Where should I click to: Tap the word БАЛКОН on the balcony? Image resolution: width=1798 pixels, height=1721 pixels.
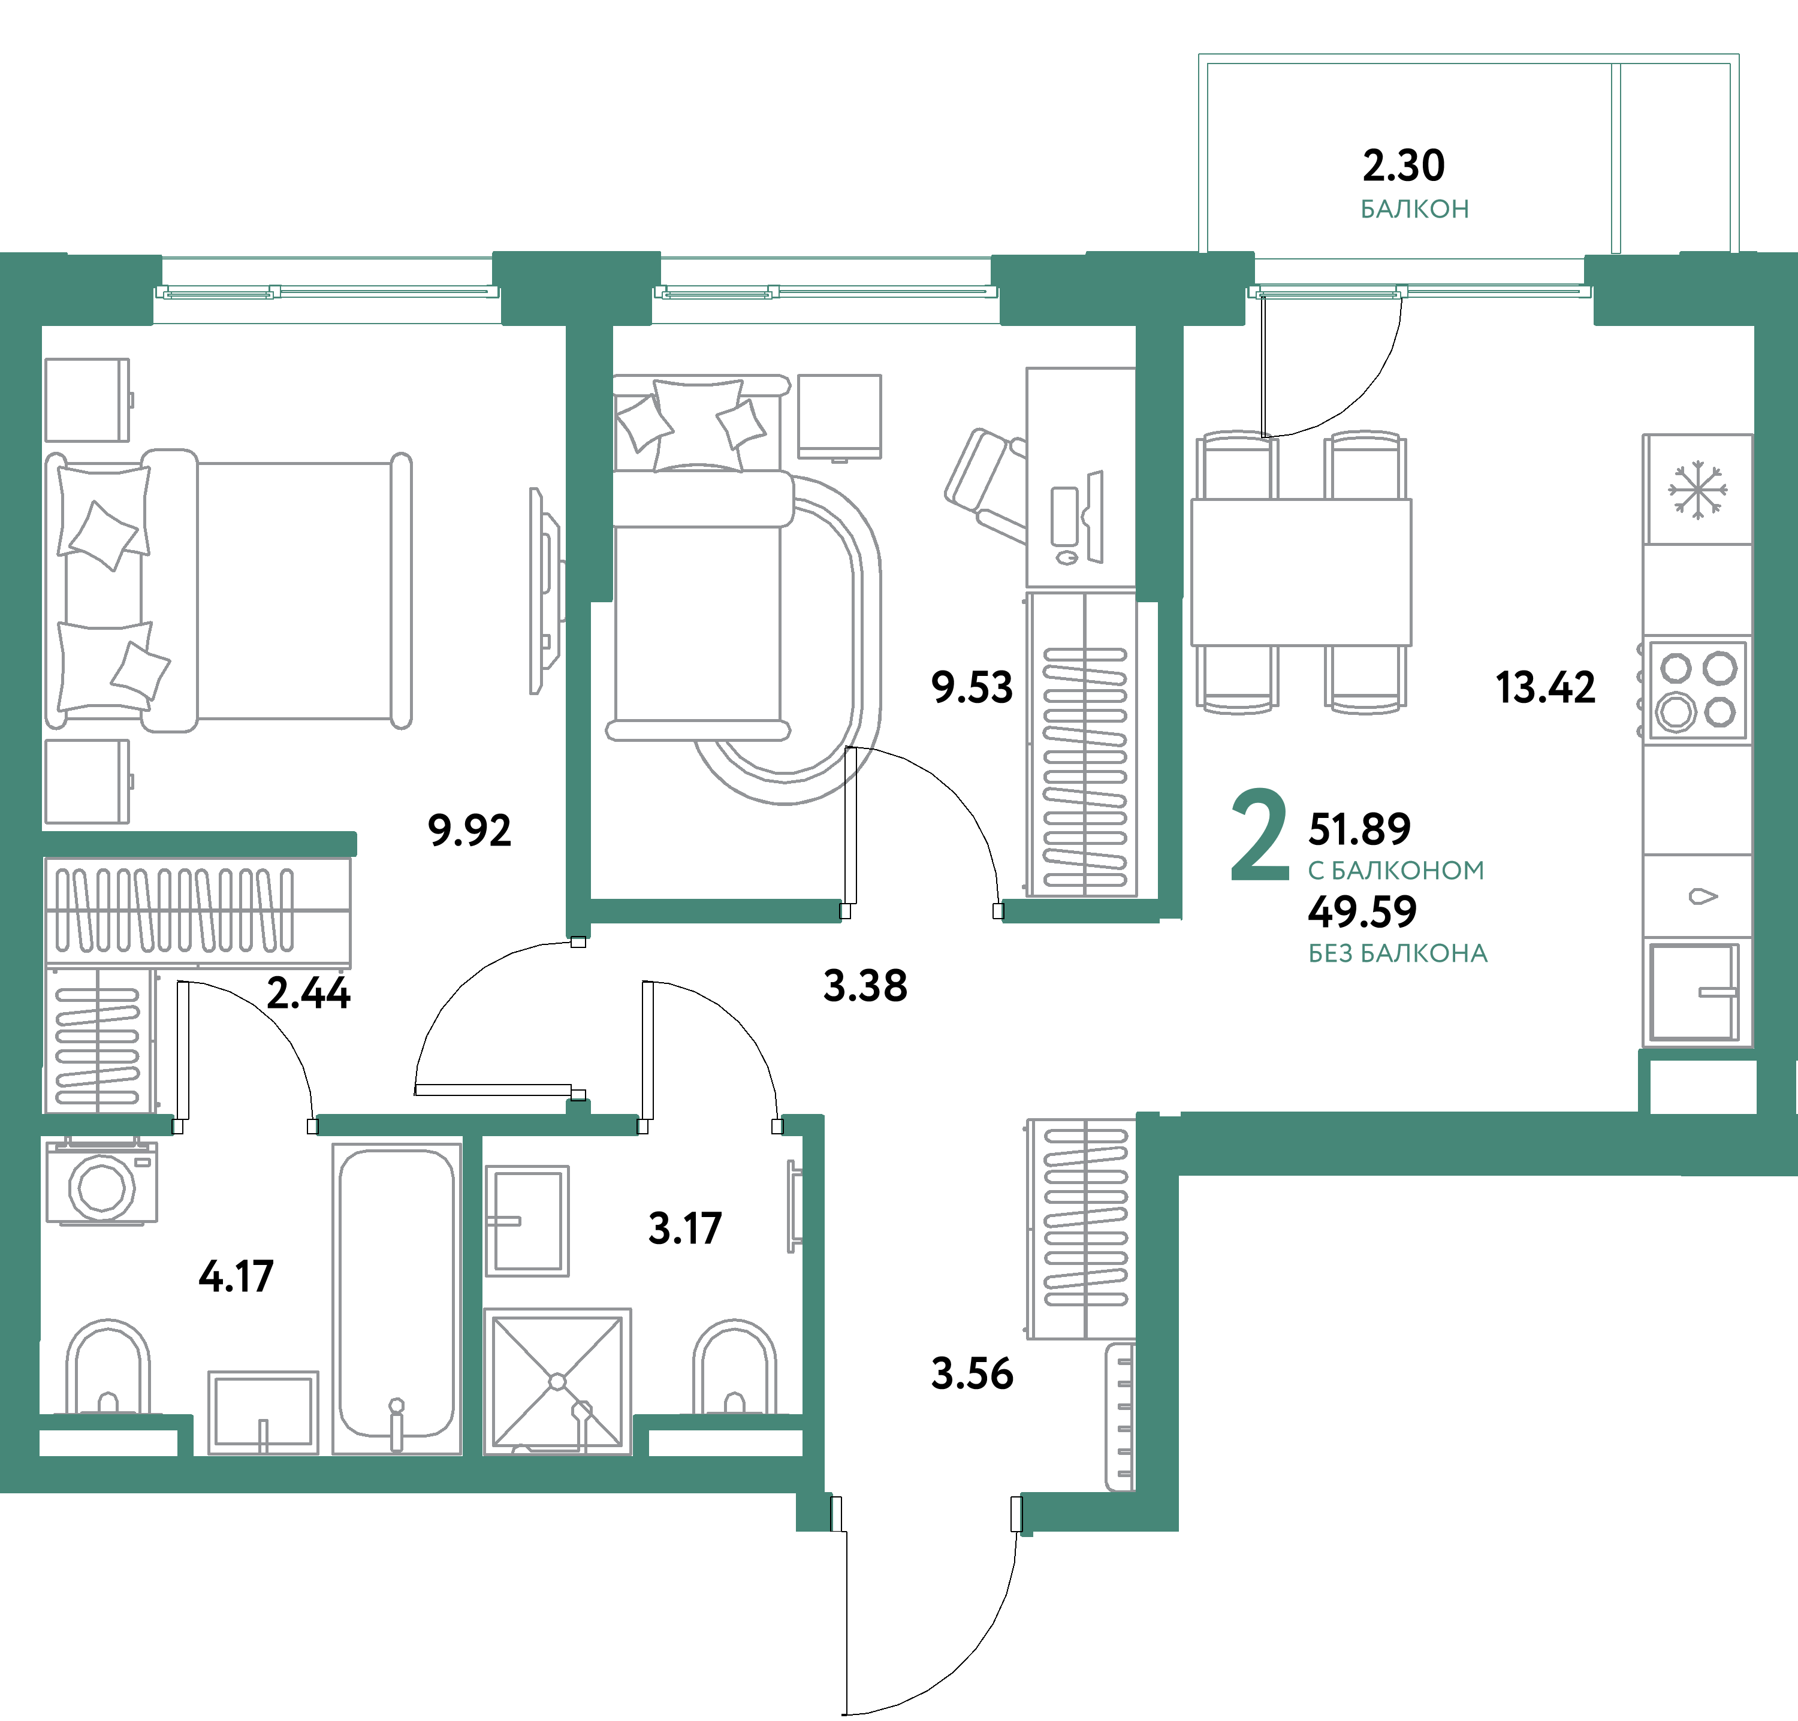coord(1414,209)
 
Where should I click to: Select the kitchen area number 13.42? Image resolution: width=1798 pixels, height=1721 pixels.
coord(1545,688)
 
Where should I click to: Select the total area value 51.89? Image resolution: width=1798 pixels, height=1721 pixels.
coord(1359,829)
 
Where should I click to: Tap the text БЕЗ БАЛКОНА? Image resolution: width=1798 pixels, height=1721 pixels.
coord(1397,954)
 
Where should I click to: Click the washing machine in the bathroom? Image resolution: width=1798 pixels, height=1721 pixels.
coord(102,1184)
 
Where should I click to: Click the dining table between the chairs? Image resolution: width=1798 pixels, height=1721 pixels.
coord(1300,572)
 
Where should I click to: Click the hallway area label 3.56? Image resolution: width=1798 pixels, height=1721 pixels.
coord(972,1374)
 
